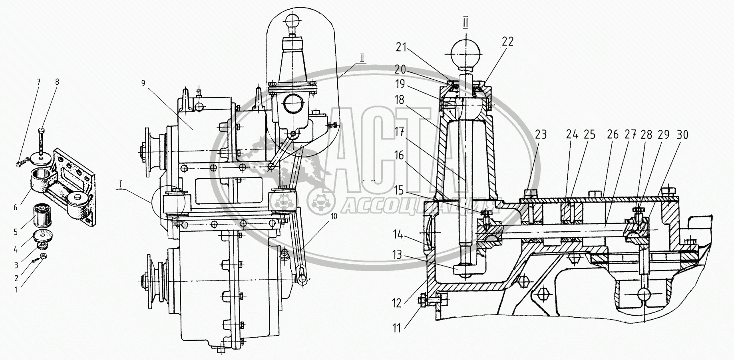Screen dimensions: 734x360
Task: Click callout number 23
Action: pos(541,135)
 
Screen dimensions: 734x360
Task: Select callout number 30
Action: pos(682,135)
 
